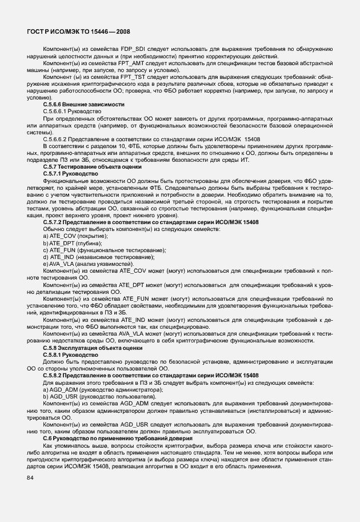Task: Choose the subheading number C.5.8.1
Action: click(x=51, y=354)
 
